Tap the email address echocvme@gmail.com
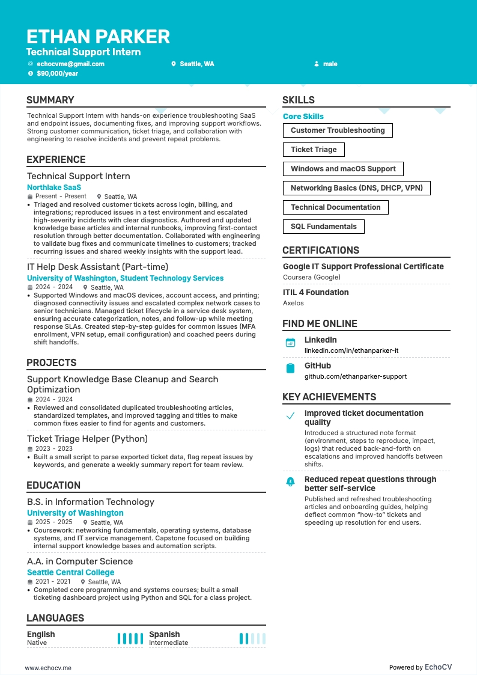pos(70,64)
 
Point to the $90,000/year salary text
pos(57,73)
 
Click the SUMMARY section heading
pos(50,100)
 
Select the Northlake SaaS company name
pos(54,188)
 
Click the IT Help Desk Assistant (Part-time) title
pos(97,267)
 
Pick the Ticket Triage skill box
pos(314,150)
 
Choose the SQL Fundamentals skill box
pos(323,227)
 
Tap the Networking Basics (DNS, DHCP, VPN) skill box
pos(356,188)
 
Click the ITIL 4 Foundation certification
pos(315,293)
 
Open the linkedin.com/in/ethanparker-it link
pos(351,350)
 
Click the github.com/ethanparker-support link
pos(355,376)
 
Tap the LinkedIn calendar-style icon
pos(290,343)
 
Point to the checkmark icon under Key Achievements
pos(290,416)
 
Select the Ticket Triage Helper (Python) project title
pos(87,439)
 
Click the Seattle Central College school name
pos(70,573)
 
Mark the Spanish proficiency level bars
pos(252,638)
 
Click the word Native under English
pos(37,643)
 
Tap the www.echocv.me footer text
pos(48,667)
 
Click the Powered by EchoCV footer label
pos(420,667)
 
